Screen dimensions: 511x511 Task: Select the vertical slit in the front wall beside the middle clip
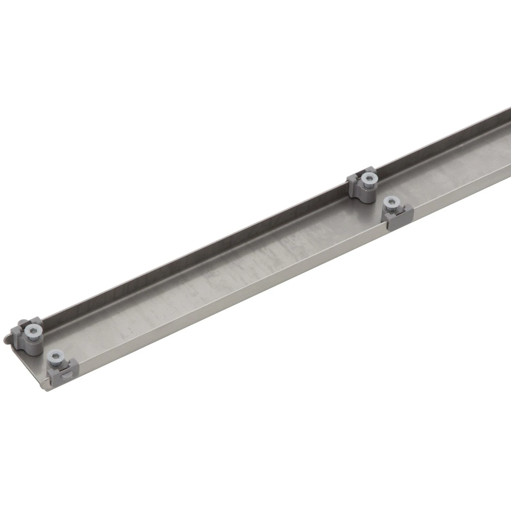pyautogui.click(x=386, y=225)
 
